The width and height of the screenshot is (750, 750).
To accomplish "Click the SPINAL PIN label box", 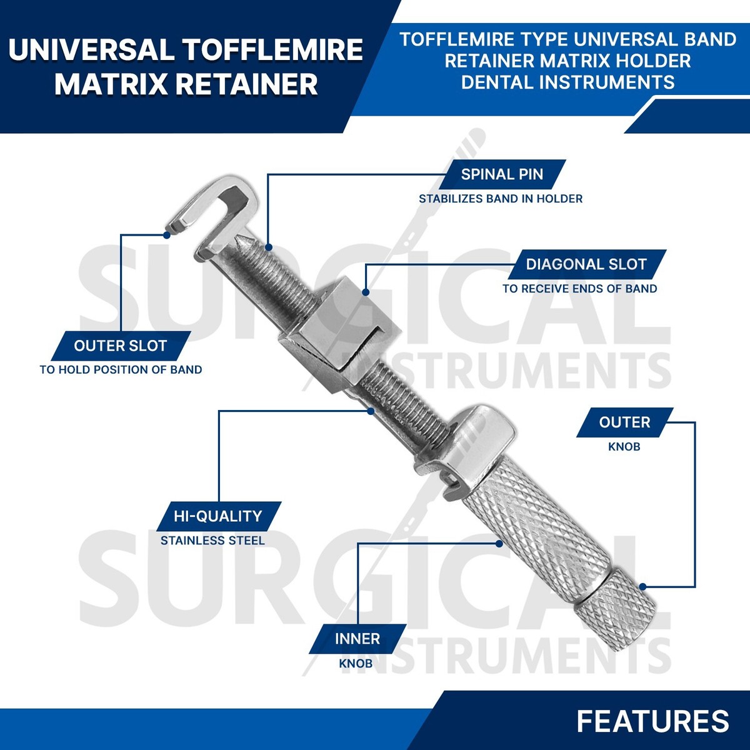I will (502, 174).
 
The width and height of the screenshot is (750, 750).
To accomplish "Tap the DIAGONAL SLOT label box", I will (586, 264).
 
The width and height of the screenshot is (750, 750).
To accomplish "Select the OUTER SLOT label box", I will (120, 346).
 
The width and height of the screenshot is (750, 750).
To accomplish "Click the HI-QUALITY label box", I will (217, 516).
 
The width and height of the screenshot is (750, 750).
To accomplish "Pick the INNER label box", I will (357, 639).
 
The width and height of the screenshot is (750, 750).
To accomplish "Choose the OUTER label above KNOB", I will (624, 422).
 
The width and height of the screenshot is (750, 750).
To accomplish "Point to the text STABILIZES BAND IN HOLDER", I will (500, 199).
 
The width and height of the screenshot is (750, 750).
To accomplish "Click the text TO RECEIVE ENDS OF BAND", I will (579, 289).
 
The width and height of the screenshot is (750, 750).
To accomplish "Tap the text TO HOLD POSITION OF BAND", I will (121, 369).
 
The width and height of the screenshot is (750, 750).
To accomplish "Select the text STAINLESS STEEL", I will (212, 541).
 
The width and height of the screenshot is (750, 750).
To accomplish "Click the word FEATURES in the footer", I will (652, 721).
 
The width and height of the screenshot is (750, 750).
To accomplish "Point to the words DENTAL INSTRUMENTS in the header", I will (567, 82).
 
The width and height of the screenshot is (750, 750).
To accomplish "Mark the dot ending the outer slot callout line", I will (167, 235).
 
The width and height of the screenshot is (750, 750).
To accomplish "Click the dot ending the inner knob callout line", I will (499, 544).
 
